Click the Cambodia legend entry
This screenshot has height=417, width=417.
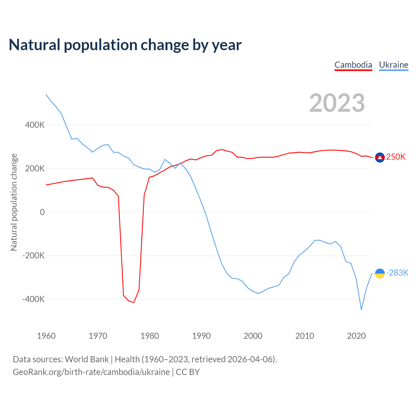pos(353,65)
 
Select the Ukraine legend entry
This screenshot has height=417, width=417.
pos(394,65)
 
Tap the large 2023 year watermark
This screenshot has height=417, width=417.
pos(337,103)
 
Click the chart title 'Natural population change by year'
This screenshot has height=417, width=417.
pos(125,45)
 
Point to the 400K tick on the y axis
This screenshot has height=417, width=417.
pos(35,125)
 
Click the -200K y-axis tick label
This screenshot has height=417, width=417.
pos(33,255)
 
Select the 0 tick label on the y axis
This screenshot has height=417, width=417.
pos(42,212)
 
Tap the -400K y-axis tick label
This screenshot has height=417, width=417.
pos(33,299)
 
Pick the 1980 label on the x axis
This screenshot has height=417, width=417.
pos(150,336)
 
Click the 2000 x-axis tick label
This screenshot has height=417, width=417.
pos(253,336)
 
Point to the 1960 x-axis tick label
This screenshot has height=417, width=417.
pos(46,336)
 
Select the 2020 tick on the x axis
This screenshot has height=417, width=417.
pos(356,336)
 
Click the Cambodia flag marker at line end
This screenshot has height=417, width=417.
pos(380,157)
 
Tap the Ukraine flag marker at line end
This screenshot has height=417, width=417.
pos(380,273)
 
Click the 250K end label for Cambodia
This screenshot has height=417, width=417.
pos(396,157)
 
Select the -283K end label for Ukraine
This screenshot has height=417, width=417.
pos(397,273)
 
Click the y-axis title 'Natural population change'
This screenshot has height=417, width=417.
pos(14,202)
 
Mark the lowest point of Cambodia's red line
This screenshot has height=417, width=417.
pos(134,303)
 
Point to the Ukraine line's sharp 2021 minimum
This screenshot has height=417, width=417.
pos(361,309)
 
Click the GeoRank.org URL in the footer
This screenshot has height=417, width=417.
pos(91,372)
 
